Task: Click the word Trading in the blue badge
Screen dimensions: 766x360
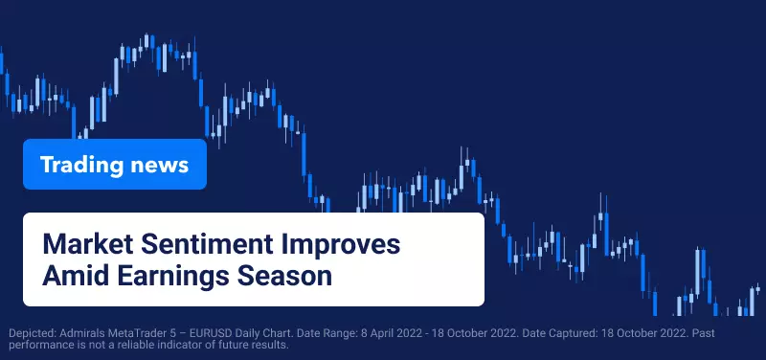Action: point(81,165)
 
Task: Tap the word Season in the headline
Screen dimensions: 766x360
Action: point(284,276)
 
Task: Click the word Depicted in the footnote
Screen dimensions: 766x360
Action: point(33,334)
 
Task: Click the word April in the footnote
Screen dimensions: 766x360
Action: point(381,334)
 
